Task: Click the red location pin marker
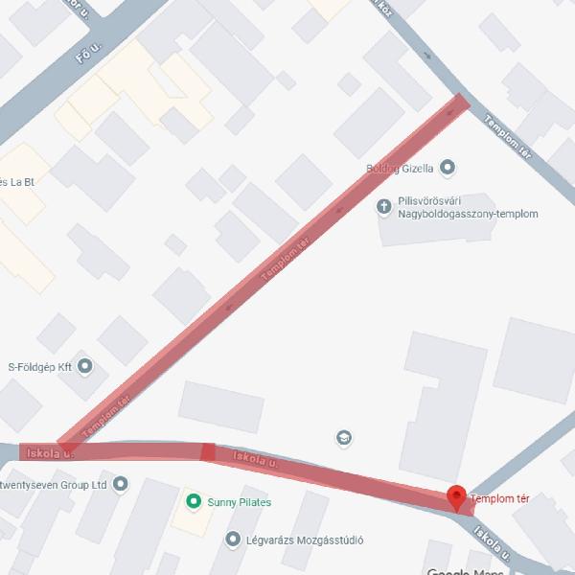point(457,496)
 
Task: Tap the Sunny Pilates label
point(241,502)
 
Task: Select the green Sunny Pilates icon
point(193,501)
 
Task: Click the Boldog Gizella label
point(401,169)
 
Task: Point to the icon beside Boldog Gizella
point(448,169)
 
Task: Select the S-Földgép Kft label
point(40,365)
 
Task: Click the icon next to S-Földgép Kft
point(85,365)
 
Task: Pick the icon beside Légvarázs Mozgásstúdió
point(232,540)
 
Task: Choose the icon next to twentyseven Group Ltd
point(119,485)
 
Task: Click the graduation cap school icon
point(342,438)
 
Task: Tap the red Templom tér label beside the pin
point(500,499)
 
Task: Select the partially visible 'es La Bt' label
point(17,181)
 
